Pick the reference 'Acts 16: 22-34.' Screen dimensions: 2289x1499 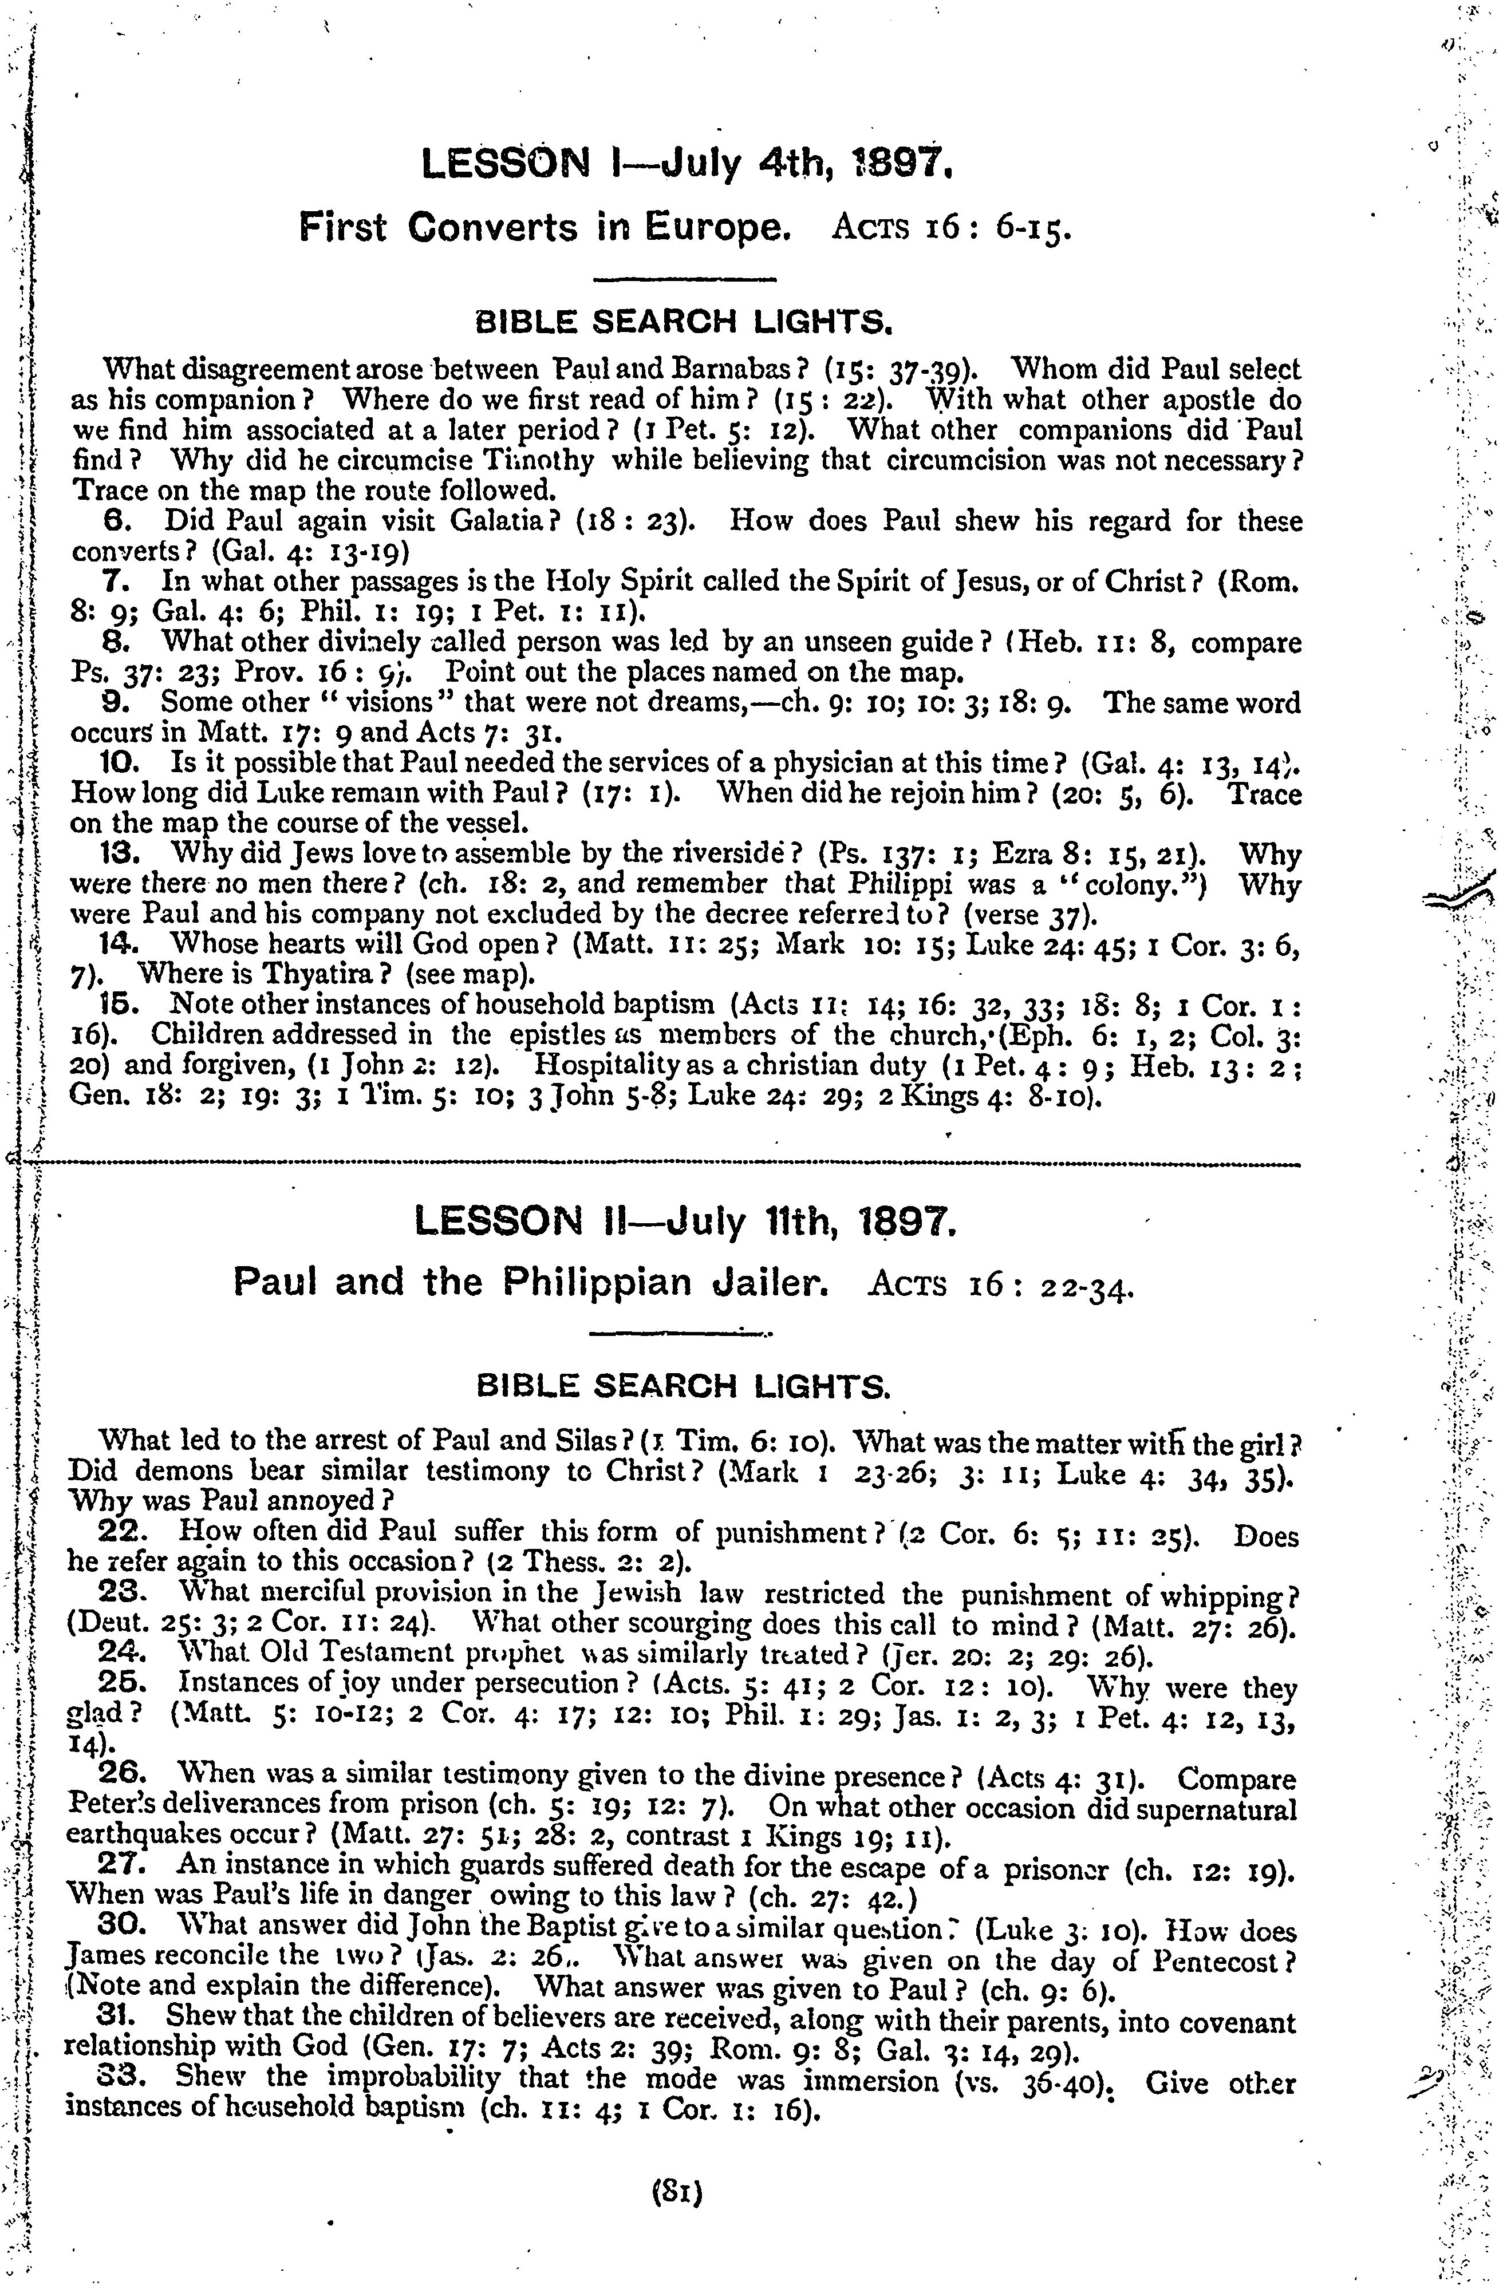[x=1001, y=1285]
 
